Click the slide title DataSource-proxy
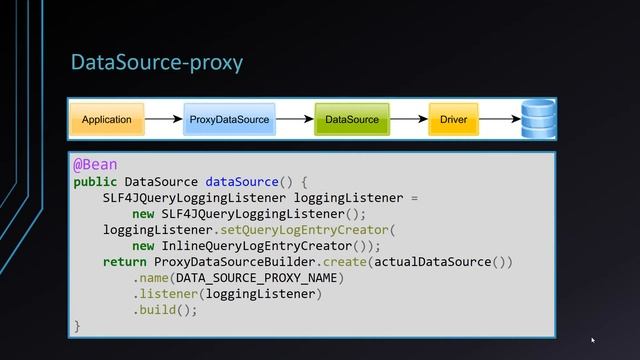pyautogui.click(x=156, y=63)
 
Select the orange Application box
pyautogui.click(x=107, y=120)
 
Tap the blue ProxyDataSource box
pyautogui.click(x=229, y=120)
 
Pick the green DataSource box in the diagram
pyautogui.click(x=352, y=120)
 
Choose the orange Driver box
pyautogui.click(x=453, y=120)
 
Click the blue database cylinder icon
pyautogui.click(x=538, y=118)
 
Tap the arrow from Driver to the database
pyautogui.click(x=500, y=120)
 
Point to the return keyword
pyautogui.click(x=124, y=262)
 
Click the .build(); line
pyautogui.click(x=165, y=310)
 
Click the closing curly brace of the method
pyautogui.click(x=77, y=326)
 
